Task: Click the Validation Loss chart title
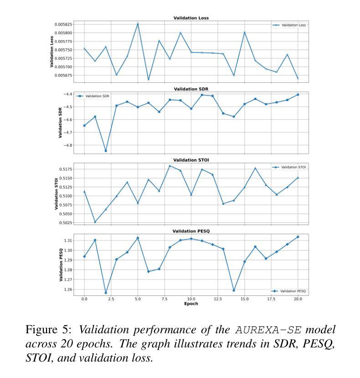coord(191,18)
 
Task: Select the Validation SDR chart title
coord(191,89)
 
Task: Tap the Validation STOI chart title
coord(191,160)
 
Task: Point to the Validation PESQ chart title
coord(191,231)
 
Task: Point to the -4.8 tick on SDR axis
coord(68,145)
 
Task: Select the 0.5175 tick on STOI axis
coord(65,169)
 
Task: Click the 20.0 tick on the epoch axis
coord(298,299)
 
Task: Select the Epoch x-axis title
coord(191,304)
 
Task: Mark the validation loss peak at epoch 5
coord(138,24)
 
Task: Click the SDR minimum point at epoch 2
coord(106,151)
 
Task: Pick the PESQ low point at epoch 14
coord(234,290)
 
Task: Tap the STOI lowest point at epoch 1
coord(95,222)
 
